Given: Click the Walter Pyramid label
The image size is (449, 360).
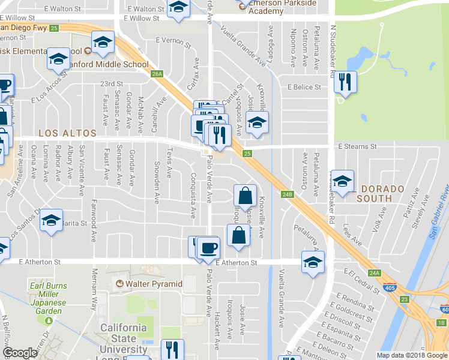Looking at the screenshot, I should pyautogui.click(x=154, y=283).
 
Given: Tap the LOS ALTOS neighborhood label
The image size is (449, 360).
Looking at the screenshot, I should pyautogui.click(x=67, y=133).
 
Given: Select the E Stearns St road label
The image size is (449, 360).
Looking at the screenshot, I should pyautogui.click(x=357, y=146).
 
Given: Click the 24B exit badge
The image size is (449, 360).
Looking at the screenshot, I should pyautogui.click(x=287, y=194).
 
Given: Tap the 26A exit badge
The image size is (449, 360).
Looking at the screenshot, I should pyautogui.click(x=157, y=74).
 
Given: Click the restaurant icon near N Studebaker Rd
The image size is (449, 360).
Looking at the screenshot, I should pyautogui.click(x=345, y=83).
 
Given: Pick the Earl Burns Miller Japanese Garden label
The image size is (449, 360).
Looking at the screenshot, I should pyautogui.click(x=46, y=298).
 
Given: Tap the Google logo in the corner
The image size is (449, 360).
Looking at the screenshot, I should pyautogui.click(x=20, y=353).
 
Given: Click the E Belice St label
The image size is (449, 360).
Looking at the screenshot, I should pyautogui.click(x=304, y=87).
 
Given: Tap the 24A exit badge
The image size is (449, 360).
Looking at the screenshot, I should pyautogui.click(x=375, y=273).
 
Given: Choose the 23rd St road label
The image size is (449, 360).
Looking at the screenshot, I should pyautogui.click(x=111, y=84).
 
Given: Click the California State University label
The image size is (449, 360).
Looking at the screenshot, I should pyautogui.click(x=123, y=338).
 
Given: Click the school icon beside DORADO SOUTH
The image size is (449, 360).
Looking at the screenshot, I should pyautogui.click(x=342, y=181).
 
